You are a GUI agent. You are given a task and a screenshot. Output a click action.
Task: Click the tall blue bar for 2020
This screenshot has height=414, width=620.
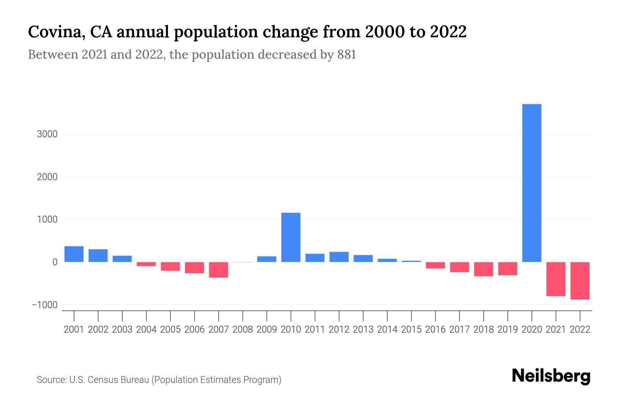(531, 183)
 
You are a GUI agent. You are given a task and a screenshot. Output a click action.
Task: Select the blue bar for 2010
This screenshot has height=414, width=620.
(291, 237)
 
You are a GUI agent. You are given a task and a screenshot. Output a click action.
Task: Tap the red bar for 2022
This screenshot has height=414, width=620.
(580, 280)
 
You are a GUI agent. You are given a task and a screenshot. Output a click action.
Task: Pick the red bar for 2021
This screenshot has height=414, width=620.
(556, 279)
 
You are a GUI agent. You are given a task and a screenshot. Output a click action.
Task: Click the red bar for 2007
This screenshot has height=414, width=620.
(218, 270)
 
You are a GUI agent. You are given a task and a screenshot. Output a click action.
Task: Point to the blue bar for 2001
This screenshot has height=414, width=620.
(74, 254)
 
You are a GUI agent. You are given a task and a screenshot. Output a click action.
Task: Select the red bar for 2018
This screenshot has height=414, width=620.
(483, 269)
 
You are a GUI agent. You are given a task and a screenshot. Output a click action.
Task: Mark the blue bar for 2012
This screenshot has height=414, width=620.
(339, 257)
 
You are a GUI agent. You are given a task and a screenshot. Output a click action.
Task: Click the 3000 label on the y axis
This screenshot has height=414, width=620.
(47, 134)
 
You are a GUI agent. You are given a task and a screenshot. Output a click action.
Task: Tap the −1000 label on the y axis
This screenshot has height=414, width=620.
(44, 305)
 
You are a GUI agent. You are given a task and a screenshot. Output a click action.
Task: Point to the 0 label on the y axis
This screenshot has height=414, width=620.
(55, 262)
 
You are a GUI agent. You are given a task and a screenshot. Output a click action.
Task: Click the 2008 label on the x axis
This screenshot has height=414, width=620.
(242, 329)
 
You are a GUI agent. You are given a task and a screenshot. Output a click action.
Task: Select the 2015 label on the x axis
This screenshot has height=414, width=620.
(411, 329)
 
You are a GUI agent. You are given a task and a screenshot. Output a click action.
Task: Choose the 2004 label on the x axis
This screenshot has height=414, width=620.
(146, 329)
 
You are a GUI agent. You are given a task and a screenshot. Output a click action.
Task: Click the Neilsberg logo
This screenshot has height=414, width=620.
(551, 376)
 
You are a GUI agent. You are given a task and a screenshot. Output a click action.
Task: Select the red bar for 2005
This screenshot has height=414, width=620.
(170, 266)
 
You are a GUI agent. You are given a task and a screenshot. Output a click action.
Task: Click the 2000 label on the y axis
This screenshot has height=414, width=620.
(47, 177)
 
